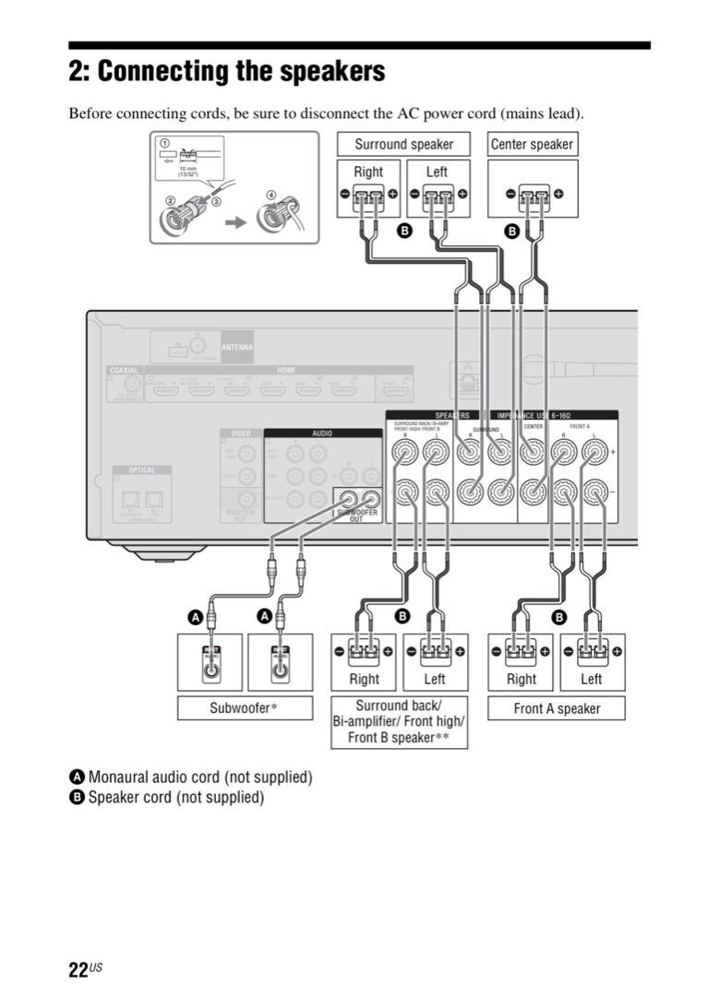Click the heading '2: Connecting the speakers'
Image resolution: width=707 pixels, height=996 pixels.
pos(227,71)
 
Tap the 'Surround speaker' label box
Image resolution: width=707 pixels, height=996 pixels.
pos(404,144)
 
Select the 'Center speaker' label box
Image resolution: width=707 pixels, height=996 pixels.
pos(532,144)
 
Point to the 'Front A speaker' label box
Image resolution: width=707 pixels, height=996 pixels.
pos(557,708)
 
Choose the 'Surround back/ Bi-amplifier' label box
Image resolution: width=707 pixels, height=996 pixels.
pos(399,722)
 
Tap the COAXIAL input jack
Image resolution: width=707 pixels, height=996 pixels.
pos(133,385)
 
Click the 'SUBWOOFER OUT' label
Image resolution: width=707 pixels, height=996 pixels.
pos(357,516)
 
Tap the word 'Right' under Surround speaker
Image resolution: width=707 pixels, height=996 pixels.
pos(368,172)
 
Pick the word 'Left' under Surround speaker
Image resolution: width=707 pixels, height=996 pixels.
pos(437,172)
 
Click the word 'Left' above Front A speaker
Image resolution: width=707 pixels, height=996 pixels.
pos(592,679)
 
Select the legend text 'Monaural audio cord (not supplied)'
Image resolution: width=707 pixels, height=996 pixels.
pos(199,777)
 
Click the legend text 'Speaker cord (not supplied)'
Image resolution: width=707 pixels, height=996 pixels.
pos(175,797)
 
